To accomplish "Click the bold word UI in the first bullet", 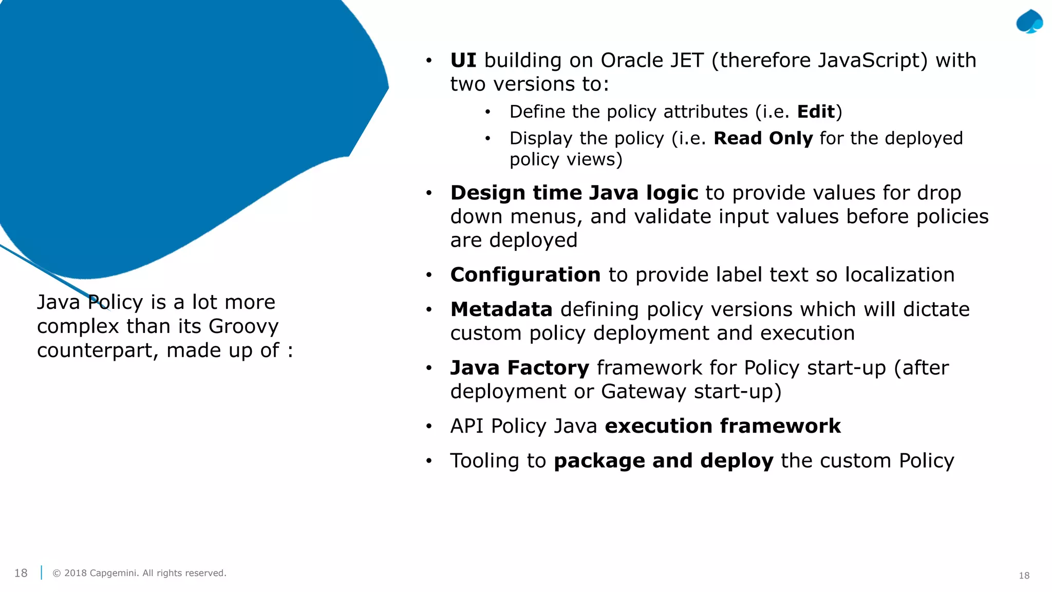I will [x=463, y=61].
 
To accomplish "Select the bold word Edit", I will [x=816, y=112].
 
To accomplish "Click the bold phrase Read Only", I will [x=763, y=139].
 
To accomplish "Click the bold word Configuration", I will [x=525, y=275].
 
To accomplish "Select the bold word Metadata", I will [x=501, y=310].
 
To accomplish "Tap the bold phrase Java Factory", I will [x=519, y=368].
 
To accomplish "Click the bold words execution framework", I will [x=722, y=427].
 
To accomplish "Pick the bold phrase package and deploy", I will [x=663, y=461].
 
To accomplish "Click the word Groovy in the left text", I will [x=243, y=327].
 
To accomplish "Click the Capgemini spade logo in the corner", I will [x=1029, y=22].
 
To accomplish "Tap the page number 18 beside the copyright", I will [x=21, y=573].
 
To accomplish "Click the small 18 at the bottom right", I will [x=1024, y=576].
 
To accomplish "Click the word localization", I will [x=899, y=275].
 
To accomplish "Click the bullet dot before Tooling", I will [x=429, y=461].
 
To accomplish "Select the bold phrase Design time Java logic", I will [x=574, y=193].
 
